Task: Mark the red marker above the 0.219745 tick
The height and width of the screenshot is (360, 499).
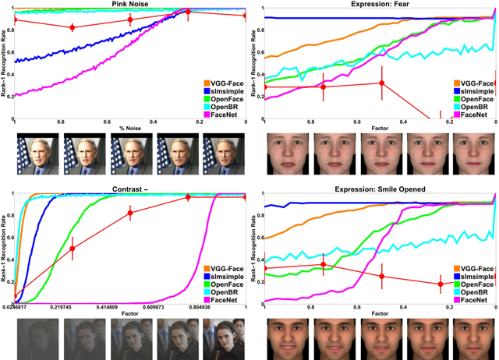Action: click(73, 249)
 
